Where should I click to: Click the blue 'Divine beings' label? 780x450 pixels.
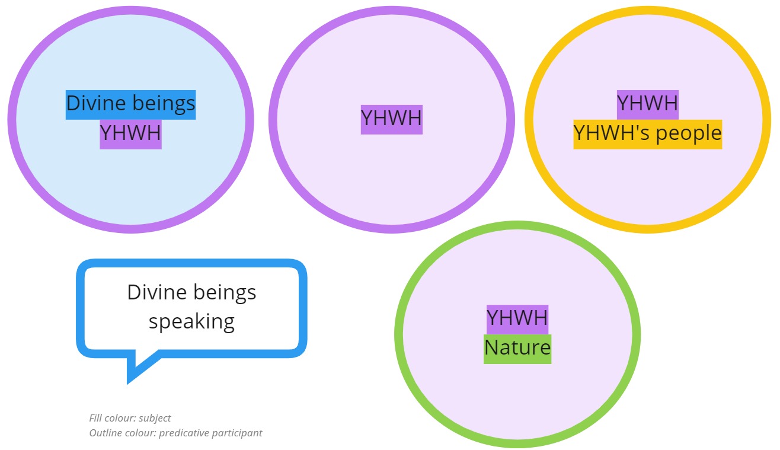coord(130,104)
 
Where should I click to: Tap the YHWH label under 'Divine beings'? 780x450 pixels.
coord(130,134)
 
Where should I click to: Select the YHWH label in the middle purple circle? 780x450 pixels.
coord(391,119)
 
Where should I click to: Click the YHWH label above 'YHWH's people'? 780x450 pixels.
coord(648,104)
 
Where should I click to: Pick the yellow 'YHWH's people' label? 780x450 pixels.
coord(648,134)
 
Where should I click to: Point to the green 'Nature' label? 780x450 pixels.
coord(517,349)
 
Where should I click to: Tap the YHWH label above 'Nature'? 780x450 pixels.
coord(517,320)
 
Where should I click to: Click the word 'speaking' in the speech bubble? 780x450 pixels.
coord(191,322)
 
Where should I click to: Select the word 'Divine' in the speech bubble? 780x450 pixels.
coord(156,292)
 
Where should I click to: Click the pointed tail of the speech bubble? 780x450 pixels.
coord(128,382)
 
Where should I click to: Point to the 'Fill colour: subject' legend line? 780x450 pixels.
coord(130,418)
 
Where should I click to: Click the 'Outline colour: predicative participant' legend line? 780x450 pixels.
coord(175,433)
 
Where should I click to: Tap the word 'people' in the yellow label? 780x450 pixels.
coord(689,134)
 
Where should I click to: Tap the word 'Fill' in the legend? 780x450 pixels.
coord(95,418)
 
